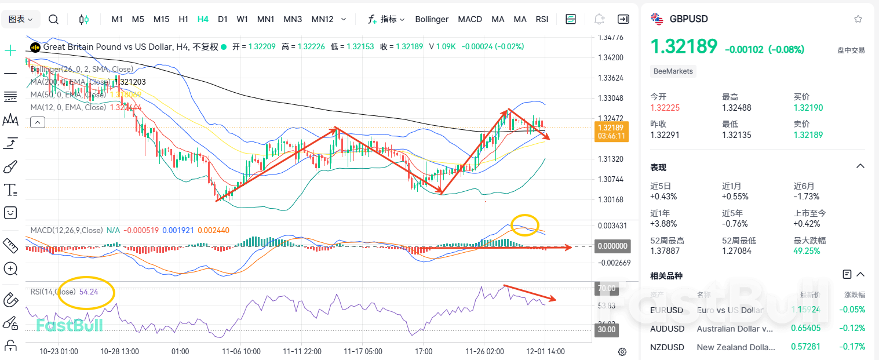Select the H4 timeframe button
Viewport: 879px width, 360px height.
click(203, 19)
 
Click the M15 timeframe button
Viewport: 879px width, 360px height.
click(161, 19)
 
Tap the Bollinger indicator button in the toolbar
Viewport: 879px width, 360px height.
click(432, 19)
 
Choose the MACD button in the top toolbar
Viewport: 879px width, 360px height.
click(470, 19)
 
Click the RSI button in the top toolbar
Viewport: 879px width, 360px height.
click(542, 19)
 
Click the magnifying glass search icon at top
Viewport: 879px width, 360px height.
click(53, 19)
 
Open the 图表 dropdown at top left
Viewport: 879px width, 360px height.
click(21, 19)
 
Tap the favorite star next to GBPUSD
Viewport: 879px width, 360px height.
click(858, 19)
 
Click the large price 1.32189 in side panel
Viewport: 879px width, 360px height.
click(684, 47)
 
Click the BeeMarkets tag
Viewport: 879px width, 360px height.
click(673, 71)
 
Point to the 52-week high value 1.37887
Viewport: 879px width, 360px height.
click(667, 251)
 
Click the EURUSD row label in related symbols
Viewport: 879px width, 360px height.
click(667, 310)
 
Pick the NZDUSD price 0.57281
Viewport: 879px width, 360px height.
click(806, 347)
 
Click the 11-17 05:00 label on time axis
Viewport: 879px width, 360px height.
click(363, 351)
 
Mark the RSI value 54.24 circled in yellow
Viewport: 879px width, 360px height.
click(89, 292)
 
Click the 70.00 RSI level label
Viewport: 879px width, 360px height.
click(606, 288)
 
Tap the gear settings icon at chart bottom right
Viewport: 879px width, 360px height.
click(622, 351)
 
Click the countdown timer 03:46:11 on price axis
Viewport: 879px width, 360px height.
click(611, 136)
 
